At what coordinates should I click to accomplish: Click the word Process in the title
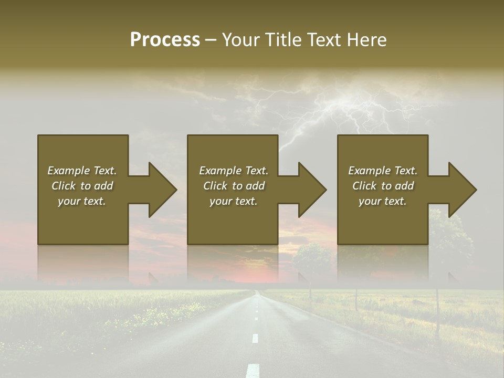click(165, 40)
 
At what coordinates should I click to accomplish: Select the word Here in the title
click(367, 40)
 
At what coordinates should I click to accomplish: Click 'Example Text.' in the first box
click(82, 171)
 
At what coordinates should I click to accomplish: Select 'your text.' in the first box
click(82, 201)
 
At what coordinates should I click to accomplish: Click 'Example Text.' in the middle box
click(234, 171)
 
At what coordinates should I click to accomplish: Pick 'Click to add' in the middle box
click(234, 186)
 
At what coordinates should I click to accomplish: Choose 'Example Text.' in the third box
click(383, 171)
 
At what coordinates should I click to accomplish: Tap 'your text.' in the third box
click(383, 201)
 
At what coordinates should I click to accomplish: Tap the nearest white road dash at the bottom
click(253, 370)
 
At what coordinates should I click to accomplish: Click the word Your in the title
click(241, 40)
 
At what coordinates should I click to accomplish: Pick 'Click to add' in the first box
click(82, 186)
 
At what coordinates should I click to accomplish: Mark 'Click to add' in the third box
click(383, 186)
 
